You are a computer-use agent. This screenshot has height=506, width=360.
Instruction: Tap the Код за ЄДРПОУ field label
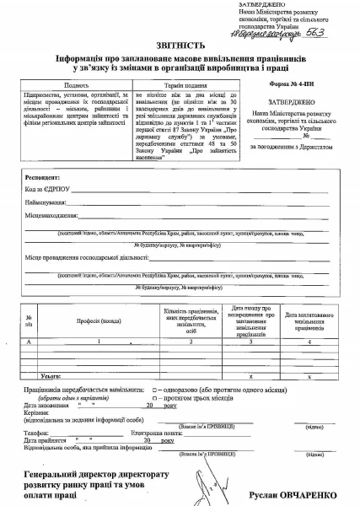click(47, 190)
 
